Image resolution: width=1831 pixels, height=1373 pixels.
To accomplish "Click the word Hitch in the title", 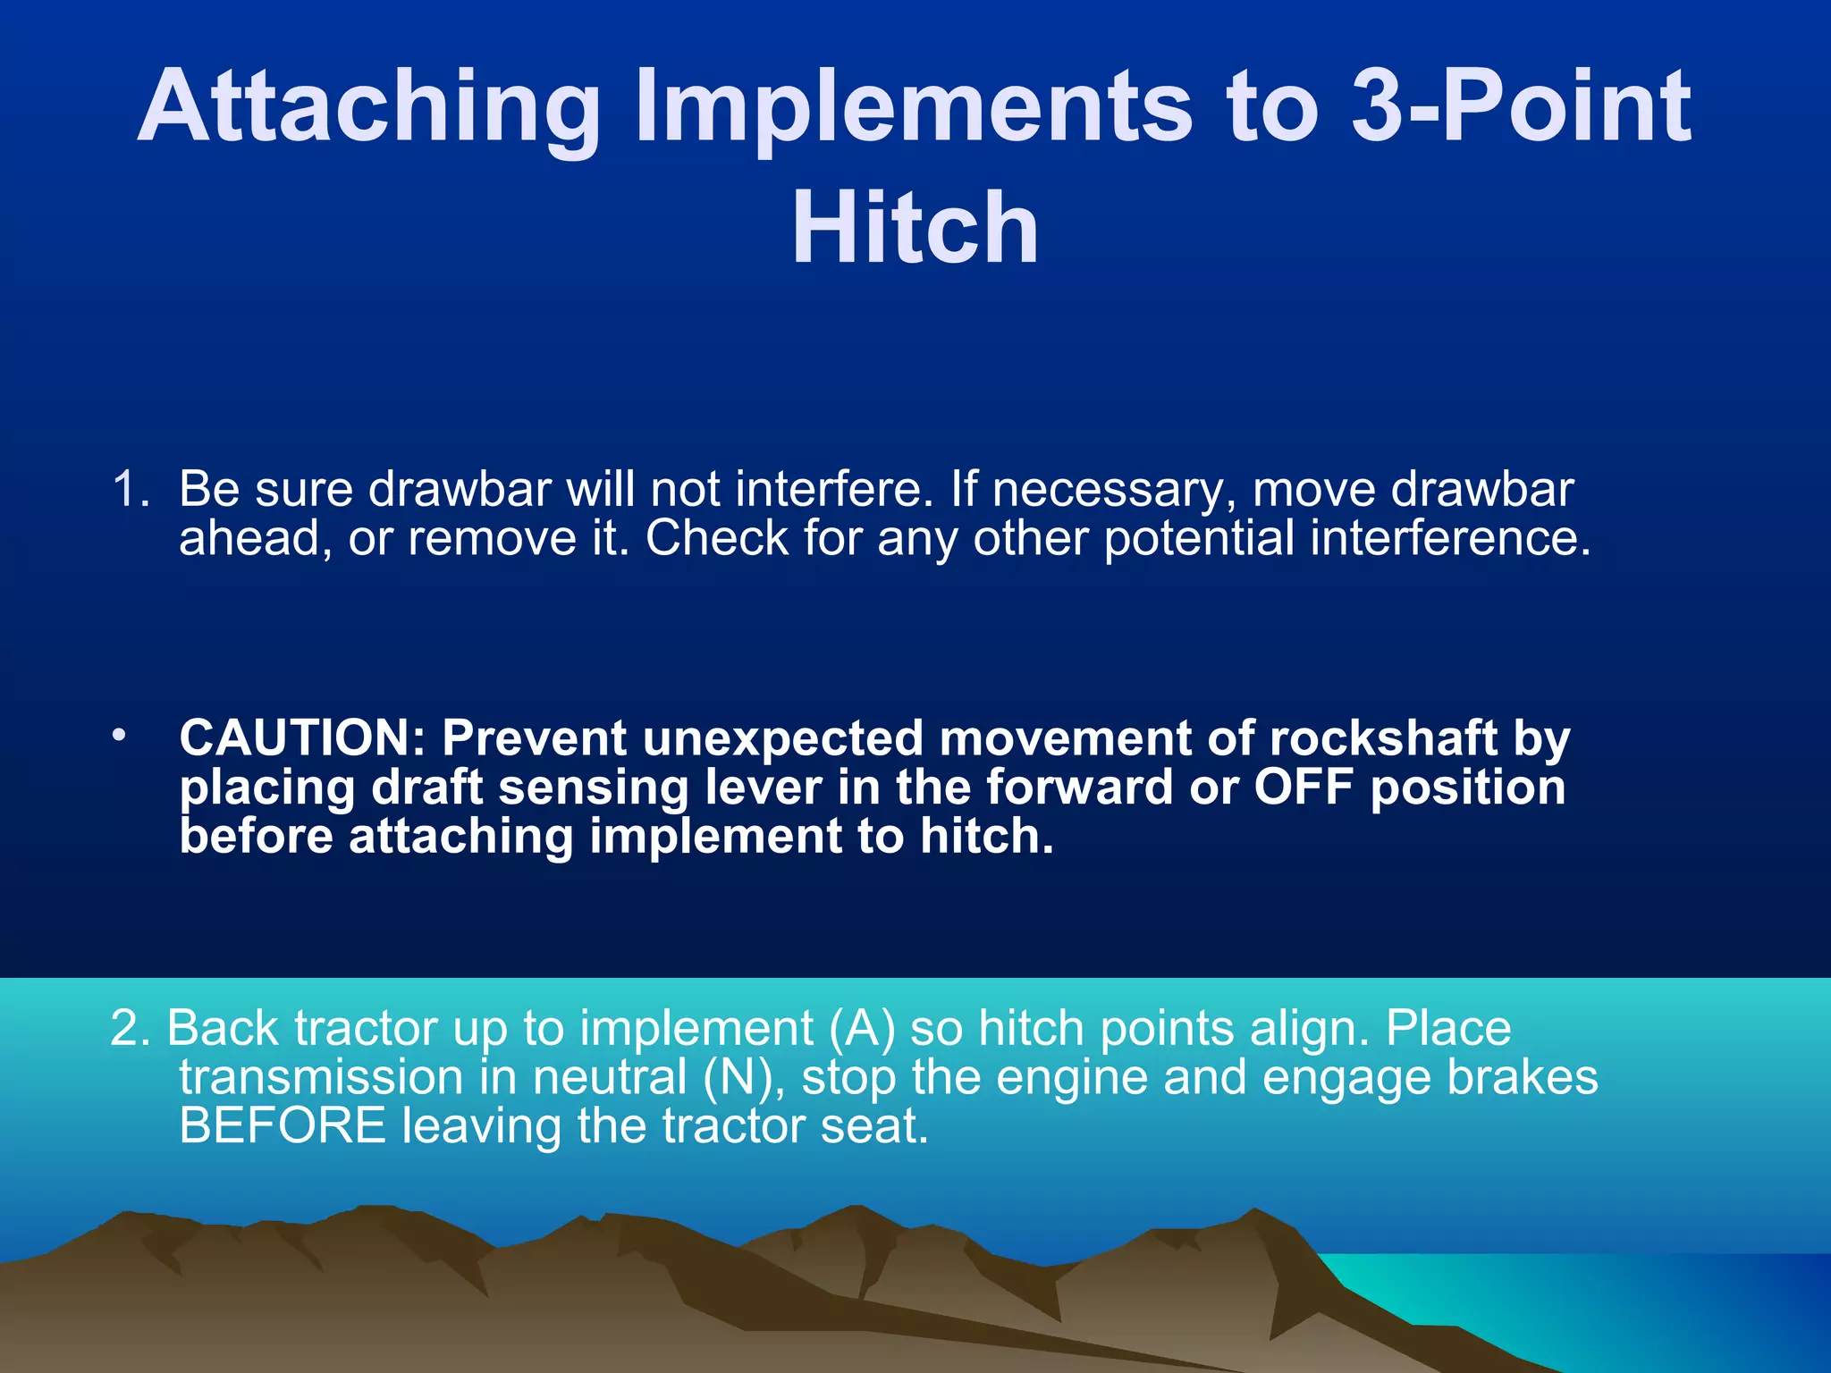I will coord(915,228).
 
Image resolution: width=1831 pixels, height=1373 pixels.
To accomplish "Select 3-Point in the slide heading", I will coord(1520,107).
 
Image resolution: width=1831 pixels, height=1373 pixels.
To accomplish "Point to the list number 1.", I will coord(131,490).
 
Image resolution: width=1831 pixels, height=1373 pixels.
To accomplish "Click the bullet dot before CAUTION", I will coord(118,736).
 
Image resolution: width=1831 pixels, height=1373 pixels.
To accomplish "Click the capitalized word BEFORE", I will coord(283,1125).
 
